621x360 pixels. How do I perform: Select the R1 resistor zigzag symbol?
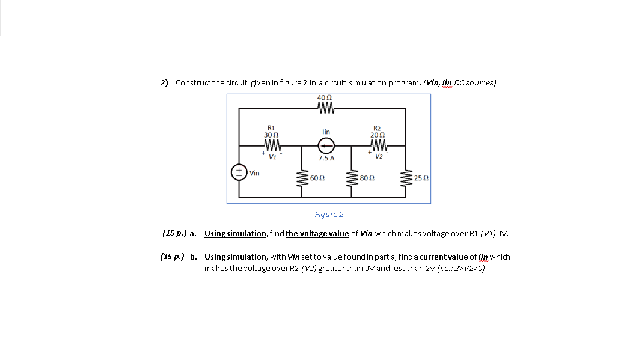tap(272, 145)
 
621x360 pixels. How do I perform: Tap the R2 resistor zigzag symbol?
tap(378, 145)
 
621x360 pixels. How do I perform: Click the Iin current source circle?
tap(326, 145)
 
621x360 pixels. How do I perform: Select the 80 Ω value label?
tap(367, 178)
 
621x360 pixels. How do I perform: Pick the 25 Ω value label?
tap(421, 178)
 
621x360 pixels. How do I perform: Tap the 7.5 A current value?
tap(326, 158)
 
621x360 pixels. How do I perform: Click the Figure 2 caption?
tap(329, 215)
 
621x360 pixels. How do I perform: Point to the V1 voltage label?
tap(272, 157)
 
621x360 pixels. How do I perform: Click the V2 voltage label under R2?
tap(378, 157)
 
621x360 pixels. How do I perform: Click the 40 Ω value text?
tap(325, 99)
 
